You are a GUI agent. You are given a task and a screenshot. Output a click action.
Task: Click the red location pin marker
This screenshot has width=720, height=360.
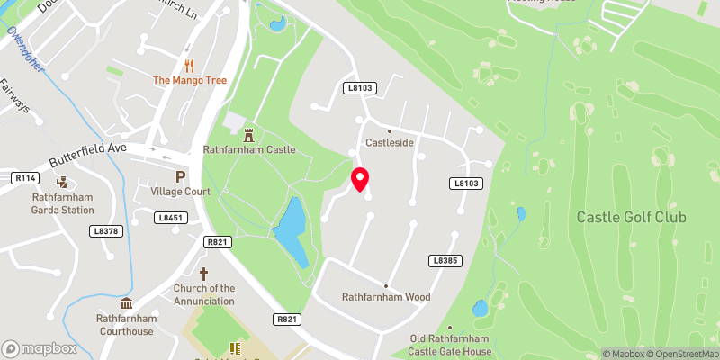pos(360,179)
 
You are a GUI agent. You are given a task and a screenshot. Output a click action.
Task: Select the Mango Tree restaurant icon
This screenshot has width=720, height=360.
pos(189,65)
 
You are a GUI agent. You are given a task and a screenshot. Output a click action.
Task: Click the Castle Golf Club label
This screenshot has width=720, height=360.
pos(631,217)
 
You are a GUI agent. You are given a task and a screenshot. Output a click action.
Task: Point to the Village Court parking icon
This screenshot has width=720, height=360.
pos(180,176)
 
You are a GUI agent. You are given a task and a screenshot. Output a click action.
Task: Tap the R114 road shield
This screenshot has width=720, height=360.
pos(24,178)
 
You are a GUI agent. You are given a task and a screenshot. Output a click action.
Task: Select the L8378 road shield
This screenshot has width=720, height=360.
pos(106,231)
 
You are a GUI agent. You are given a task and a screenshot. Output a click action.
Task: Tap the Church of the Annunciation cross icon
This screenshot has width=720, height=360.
pos(203,272)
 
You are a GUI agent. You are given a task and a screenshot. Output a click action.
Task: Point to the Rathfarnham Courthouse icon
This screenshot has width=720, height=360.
pos(127,302)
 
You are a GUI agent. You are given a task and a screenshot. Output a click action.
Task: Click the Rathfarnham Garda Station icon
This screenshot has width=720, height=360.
pos(63,182)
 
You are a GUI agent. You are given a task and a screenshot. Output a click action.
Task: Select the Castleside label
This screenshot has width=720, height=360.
pos(389,143)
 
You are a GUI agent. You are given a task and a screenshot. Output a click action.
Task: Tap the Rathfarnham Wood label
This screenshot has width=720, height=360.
pos(385,296)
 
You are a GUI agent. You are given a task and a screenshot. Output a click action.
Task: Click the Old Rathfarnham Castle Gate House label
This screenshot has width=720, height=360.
pos(450,344)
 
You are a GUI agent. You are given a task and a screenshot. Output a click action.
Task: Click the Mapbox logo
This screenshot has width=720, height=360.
pos(39,348)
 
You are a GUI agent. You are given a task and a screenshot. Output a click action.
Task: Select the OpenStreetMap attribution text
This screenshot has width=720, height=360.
pos(683,354)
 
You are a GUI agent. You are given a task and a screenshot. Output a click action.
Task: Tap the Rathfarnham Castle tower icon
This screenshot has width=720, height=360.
pos(249,135)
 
